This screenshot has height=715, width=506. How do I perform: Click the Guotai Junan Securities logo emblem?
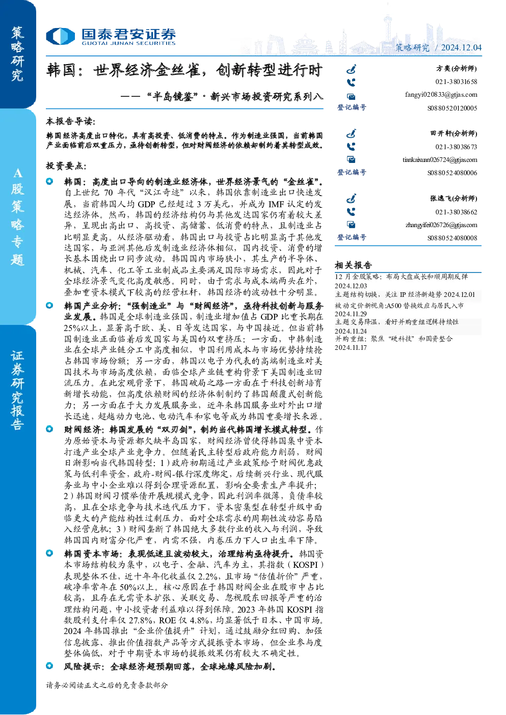(x=60, y=36)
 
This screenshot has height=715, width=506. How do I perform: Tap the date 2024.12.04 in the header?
(x=461, y=47)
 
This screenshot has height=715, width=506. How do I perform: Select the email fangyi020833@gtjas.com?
(x=441, y=95)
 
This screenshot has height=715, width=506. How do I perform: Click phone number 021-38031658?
(x=456, y=81)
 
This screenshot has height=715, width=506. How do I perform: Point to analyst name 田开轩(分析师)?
(x=454, y=133)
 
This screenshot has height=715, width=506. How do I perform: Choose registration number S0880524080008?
(x=452, y=238)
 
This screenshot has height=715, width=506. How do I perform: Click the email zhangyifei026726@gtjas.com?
(x=441, y=225)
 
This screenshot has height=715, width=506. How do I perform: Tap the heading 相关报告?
(x=353, y=265)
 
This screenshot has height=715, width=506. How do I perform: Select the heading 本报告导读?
(x=71, y=121)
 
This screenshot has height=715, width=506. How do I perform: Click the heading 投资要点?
(x=66, y=166)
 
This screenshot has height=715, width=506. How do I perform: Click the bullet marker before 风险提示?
(x=49, y=666)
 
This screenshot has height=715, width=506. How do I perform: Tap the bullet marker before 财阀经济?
(x=49, y=429)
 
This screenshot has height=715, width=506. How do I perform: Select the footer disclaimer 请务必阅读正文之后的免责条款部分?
(x=106, y=685)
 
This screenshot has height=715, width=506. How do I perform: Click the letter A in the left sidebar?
(x=17, y=173)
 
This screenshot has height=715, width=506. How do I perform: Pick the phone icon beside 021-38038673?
(x=351, y=147)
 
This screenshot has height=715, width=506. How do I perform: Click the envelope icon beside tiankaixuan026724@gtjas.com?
(x=351, y=159)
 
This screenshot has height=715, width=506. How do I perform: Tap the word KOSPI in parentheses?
(x=305, y=565)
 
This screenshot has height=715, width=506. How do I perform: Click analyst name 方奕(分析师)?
(x=457, y=68)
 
